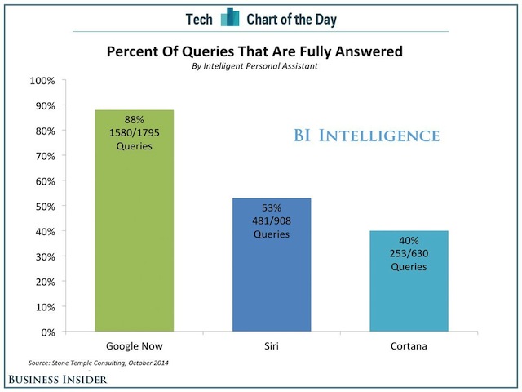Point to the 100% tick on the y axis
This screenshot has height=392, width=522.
pos(42,81)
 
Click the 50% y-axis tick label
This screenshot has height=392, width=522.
pos(45,207)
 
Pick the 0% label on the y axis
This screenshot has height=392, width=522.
pos(47,332)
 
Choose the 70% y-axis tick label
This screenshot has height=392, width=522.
pos(45,156)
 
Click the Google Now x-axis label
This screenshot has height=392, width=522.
pos(134,346)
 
